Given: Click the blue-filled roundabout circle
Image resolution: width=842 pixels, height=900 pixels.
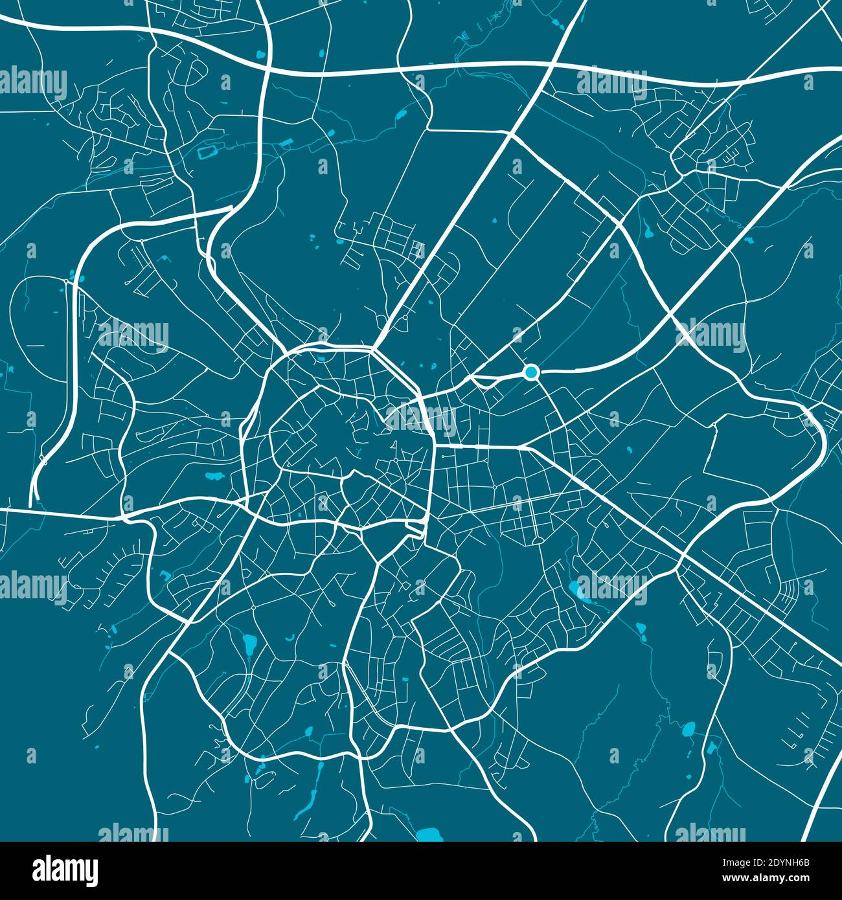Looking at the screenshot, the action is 531,372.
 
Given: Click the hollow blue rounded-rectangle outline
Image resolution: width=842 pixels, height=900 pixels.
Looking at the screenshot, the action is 207,153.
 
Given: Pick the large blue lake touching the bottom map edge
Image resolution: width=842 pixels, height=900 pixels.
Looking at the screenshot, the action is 429,835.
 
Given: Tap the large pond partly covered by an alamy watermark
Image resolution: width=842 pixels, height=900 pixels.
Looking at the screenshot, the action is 576,589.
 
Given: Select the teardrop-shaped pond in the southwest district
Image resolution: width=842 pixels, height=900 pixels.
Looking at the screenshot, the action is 248,644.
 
